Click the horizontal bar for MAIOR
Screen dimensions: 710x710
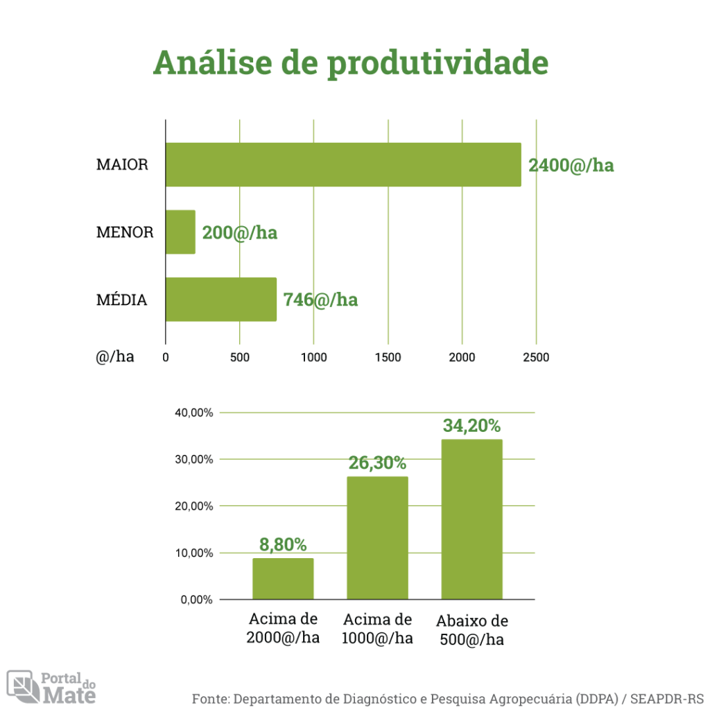343,164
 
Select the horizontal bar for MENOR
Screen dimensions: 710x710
180,232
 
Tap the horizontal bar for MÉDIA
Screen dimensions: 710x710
220,300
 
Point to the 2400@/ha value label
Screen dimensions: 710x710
571,166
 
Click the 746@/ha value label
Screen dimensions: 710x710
320,300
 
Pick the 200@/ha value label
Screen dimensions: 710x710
239,232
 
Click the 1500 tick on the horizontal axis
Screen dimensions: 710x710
388,358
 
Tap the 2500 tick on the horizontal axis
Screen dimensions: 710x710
536,358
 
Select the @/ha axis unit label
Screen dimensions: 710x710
115,357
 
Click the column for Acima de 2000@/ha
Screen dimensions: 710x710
283,578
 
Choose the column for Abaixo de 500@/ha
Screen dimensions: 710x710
471,519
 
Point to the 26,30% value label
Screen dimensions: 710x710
377,463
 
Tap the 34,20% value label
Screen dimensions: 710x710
471,426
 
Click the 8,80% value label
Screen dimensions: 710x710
283,545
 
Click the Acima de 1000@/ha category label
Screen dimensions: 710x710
377,629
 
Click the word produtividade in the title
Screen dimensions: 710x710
438,63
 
